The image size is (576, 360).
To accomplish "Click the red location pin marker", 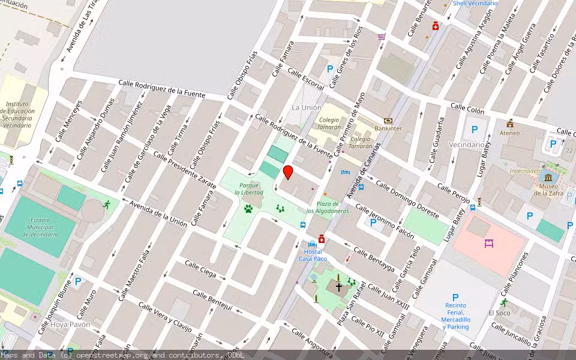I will [288, 172].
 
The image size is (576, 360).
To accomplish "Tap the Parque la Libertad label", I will [248, 188].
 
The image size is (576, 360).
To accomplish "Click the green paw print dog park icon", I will [248, 209].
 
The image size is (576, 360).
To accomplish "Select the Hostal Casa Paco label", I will [313, 255].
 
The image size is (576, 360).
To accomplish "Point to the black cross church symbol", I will [338, 287].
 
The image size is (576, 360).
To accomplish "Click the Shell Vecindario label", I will [475, 4].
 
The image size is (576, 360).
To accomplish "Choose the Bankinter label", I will [388, 128].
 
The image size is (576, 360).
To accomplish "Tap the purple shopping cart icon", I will [381, 37].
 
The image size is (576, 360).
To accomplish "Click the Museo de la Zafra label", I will [548, 190].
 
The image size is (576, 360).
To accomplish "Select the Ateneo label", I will [510, 133].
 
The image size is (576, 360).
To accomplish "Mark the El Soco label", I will [499, 313].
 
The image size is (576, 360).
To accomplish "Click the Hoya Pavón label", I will [71, 325].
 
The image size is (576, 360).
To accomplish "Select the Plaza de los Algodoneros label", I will [328, 208].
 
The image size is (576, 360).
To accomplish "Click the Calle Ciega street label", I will [200, 269].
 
